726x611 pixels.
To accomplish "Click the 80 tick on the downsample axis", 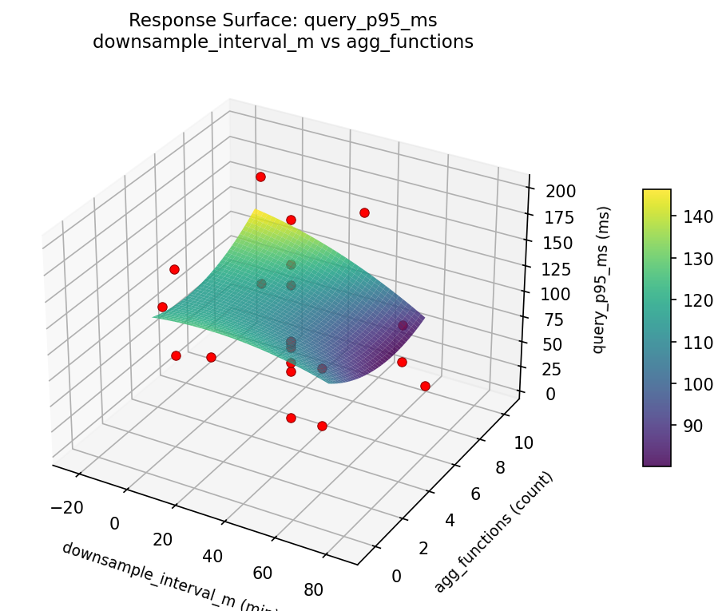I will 314,590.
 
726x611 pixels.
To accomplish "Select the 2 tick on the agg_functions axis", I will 446,548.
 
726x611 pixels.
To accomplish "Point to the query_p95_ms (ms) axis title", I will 605,280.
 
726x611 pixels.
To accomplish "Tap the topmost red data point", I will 260,177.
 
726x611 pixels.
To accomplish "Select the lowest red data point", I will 322,426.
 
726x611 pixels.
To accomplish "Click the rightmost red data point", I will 425,386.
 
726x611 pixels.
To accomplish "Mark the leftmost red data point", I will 162,307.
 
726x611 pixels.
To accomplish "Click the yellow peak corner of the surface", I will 256,211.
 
